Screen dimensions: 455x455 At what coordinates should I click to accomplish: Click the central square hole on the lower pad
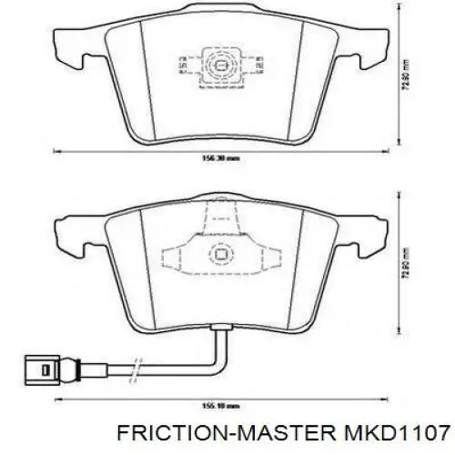(x=218, y=256)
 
